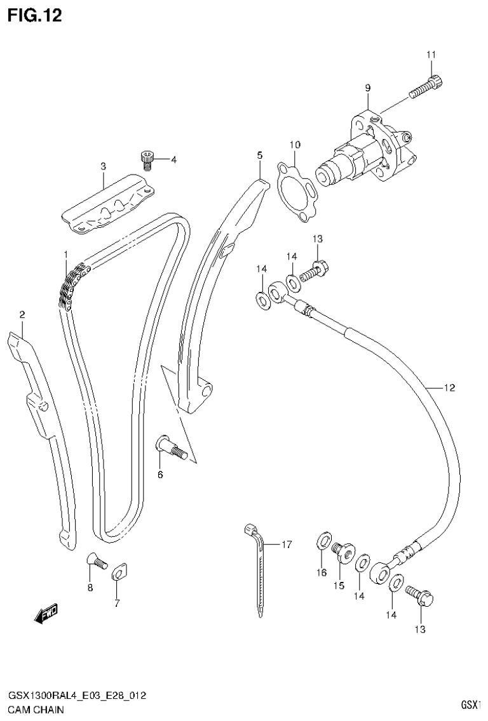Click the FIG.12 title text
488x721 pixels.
click(x=35, y=15)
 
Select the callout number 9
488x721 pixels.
click(x=367, y=88)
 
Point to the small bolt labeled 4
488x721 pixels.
click(x=147, y=158)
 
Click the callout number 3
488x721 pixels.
click(x=103, y=166)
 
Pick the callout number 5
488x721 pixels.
click(x=259, y=154)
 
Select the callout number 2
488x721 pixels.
click(x=22, y=314)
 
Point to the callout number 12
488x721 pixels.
click(x=449, y=387)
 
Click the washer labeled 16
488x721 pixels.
click(x=323, y=542)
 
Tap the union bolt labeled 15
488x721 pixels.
click(x=343, y=553)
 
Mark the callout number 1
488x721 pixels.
click(x=65, y=255)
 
